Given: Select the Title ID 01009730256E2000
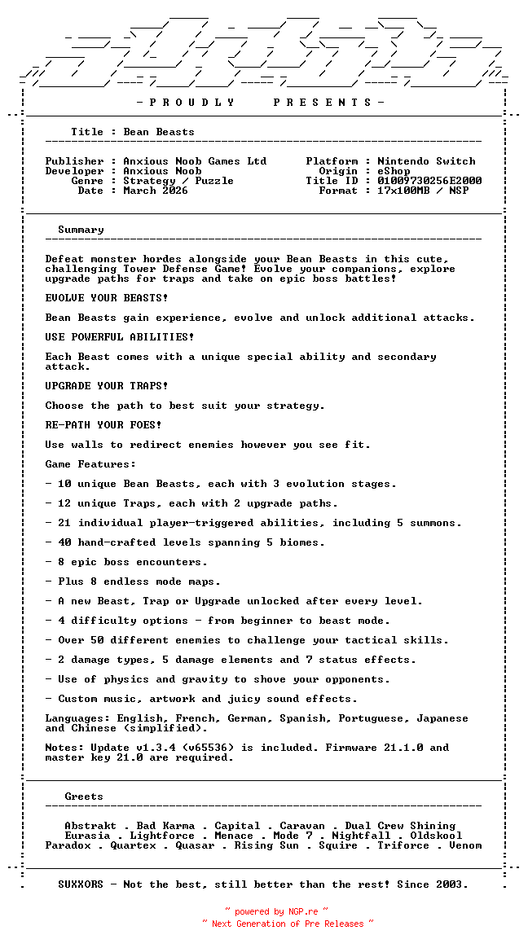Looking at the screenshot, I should point(429,181).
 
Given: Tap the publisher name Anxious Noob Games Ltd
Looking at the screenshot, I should point(195,161).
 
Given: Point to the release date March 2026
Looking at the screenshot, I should point(156,191).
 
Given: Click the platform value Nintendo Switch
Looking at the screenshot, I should point(426,161).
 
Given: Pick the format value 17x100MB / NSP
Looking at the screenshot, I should point(423,191).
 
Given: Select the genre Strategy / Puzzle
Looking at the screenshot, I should point(178,181).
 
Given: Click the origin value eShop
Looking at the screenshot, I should point(394,171).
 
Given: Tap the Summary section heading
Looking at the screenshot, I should point(81,230).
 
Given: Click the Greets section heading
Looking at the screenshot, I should point(84,797).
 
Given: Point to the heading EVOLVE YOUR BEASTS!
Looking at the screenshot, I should point(107,298).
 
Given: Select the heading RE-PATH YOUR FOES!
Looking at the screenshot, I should point(103,425).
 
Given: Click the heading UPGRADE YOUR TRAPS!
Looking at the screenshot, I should point(107,386).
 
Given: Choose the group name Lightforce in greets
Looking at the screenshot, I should point(162,836).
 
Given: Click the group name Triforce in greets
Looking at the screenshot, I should point(403,845).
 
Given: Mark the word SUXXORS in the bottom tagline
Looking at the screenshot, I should point(81,884).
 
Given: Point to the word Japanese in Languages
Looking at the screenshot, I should point(442,718).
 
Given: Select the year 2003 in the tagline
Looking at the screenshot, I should point(452,884).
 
